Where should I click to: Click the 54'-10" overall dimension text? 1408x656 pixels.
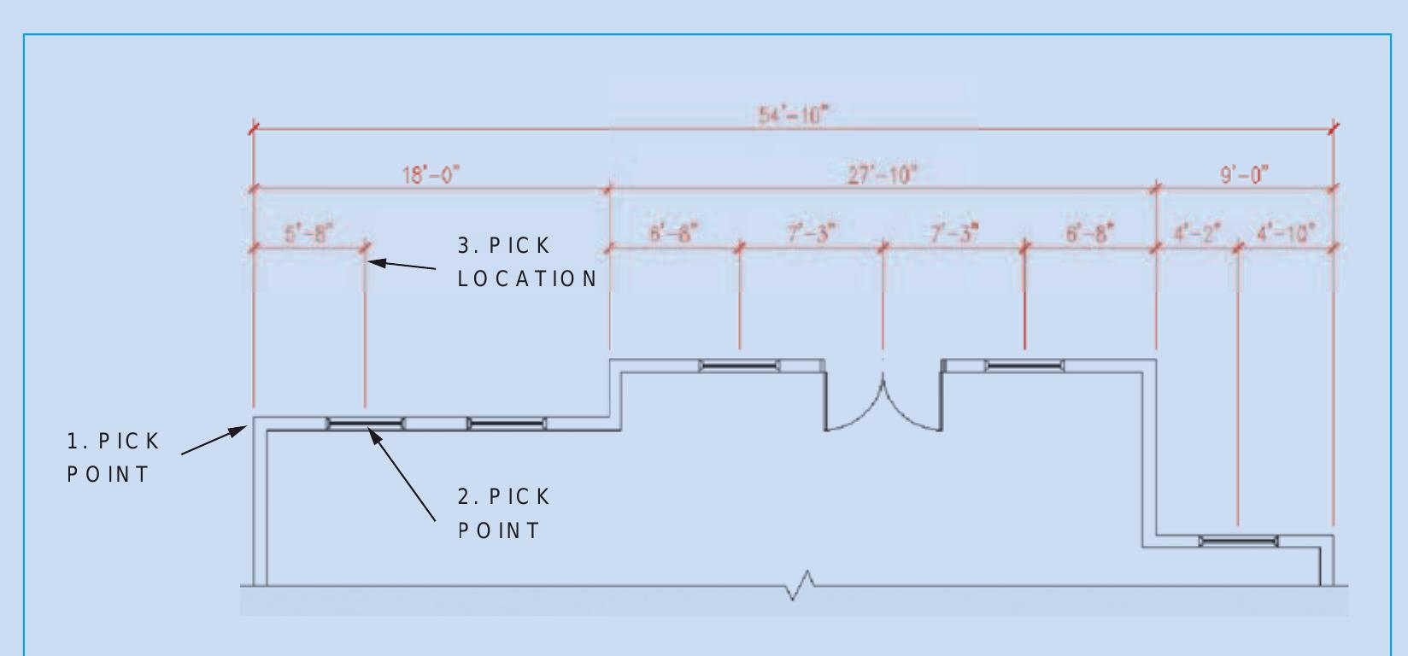pos(793,115)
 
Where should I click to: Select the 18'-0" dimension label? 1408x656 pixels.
pos(431,175)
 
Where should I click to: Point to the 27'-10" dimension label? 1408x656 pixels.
pos(882,175)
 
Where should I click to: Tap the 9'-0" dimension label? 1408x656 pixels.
pos(1244,175)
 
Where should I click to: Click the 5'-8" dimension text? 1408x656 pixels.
pos(308,232)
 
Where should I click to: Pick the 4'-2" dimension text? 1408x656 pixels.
pos(1198,232)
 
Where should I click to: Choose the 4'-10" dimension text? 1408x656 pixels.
pos(1286,232)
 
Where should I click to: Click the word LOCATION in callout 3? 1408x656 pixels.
pos(527,278)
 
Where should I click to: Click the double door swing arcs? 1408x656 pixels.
pos(883,405)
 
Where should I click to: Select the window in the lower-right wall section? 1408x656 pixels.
pos(1238,541)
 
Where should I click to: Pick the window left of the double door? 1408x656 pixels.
pos(739,366)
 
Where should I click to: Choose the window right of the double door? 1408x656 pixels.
pos(1024,366)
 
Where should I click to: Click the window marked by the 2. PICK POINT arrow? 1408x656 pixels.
pos(365,424)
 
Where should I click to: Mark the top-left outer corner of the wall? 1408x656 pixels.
pos(254,419)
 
